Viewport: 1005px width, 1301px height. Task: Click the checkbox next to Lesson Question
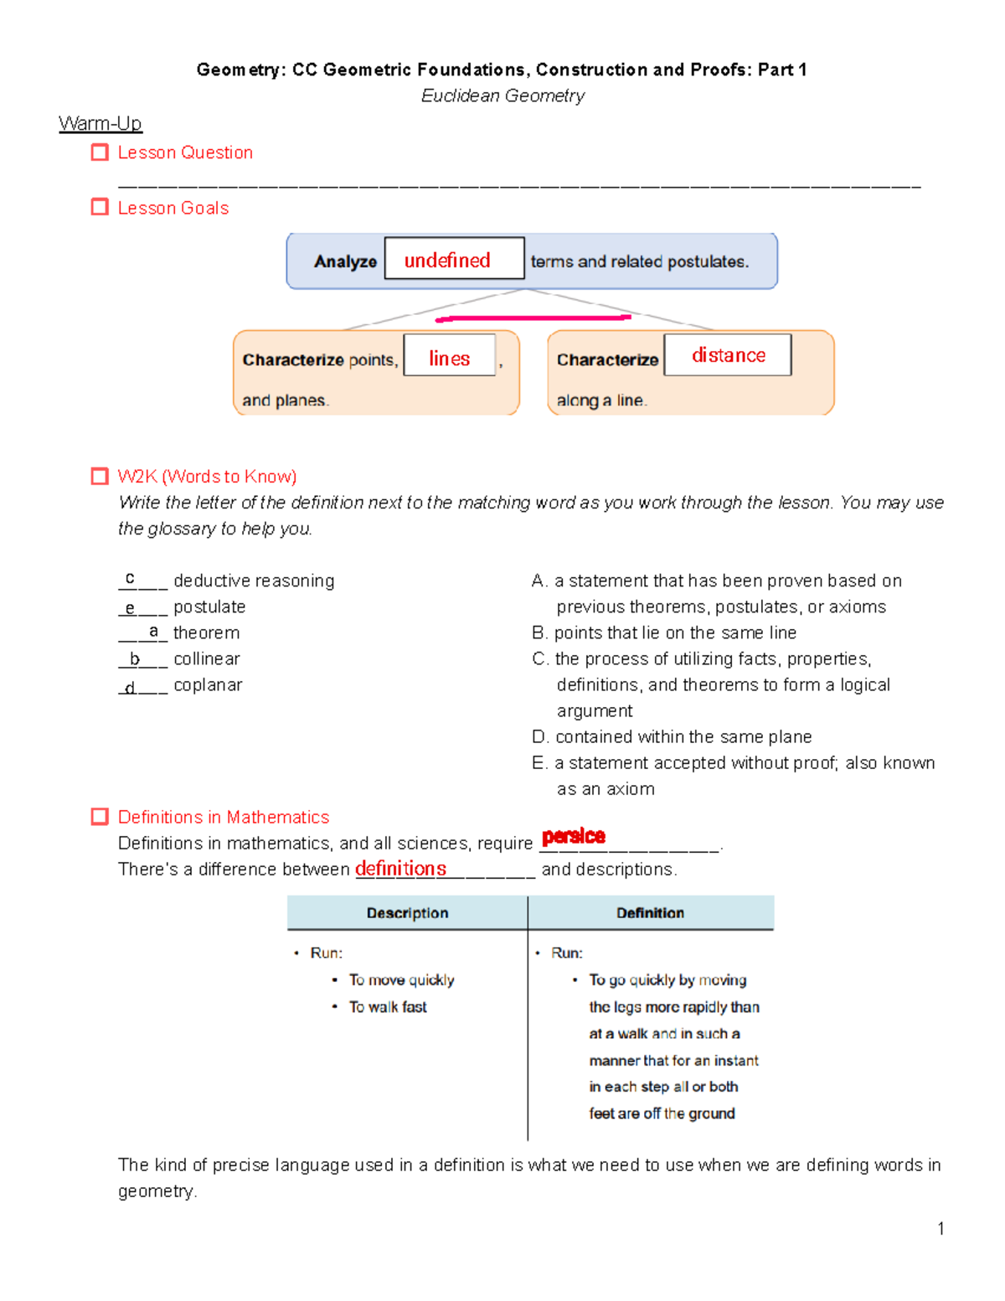[x=100, y=152]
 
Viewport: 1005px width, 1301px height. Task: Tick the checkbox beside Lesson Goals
[x=100, y=207]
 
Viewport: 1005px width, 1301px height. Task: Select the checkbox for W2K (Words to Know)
[x=100, y=477]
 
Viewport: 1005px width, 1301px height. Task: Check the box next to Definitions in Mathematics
[x=100, y=817]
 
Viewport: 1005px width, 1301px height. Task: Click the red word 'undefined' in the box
[x=447, y=261]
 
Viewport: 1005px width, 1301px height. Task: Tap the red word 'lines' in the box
[x=449, y=359]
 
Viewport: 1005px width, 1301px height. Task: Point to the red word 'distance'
[x=728, y=355]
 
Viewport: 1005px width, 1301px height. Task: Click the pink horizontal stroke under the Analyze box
[x=533, y=318]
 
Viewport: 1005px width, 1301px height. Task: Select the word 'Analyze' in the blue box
[x=345, y=261]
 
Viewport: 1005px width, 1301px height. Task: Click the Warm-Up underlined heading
[x=100, y=124]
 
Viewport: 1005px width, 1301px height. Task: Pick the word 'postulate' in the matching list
[x=209, y=607]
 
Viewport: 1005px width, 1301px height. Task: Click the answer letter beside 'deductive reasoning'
[x=130, y=578]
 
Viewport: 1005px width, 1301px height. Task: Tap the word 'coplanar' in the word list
[x=208, y=684]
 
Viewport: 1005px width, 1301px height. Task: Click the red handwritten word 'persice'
[x=574, y=836]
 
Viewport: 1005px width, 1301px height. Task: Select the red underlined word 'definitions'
[x=400, y=869]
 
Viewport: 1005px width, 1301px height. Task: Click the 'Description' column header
[x=407, y=913]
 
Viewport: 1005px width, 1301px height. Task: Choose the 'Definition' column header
[x=650, y=913]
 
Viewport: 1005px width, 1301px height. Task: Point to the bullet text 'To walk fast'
[x=388, y=1007]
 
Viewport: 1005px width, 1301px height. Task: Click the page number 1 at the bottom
[x=941, y=1229]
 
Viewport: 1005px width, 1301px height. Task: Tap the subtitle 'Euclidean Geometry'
[x=502, y=96]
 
